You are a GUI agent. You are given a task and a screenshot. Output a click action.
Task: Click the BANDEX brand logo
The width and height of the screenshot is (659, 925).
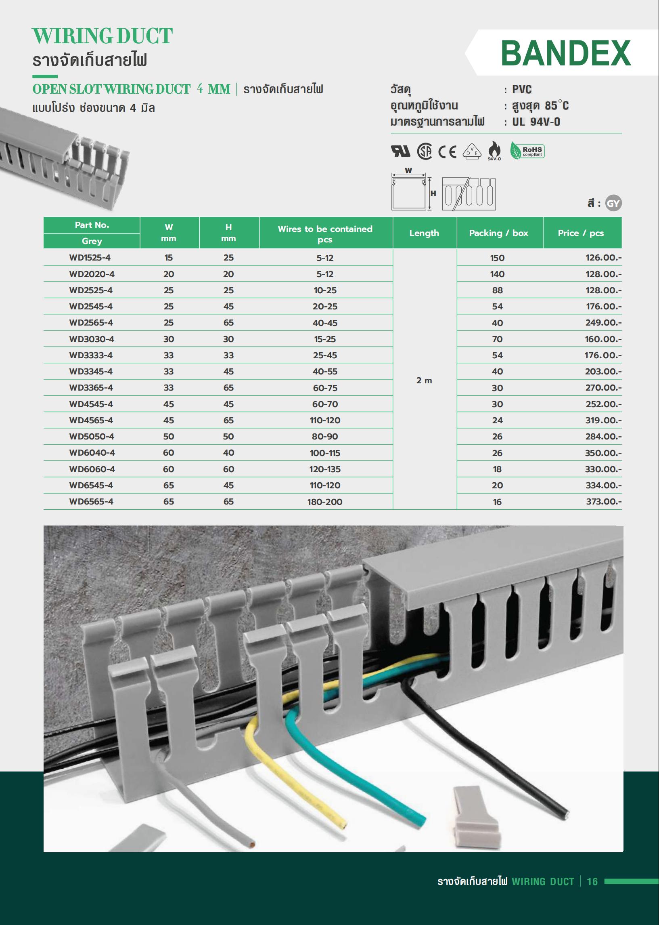[x=566, y=53]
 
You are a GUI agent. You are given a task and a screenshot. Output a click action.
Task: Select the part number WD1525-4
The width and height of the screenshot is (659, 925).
[x=90, y=257]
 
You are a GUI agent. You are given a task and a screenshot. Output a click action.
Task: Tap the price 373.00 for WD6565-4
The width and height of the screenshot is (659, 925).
[x=603, y=502]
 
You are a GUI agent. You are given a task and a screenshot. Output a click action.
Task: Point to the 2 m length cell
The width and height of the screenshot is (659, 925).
[x=424, y=381]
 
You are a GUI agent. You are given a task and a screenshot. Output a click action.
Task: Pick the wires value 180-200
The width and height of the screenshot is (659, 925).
[x=324, y=502]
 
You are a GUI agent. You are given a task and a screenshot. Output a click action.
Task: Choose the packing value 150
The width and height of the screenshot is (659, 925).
[x=497, y=258]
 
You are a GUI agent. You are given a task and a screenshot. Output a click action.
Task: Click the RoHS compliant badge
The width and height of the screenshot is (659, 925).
[x=527, y=151]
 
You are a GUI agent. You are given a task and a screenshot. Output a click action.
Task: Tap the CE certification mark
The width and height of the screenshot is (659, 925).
[x=448, y=152]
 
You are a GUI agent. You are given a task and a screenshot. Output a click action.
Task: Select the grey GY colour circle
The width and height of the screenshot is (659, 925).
[x=613, y=204]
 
